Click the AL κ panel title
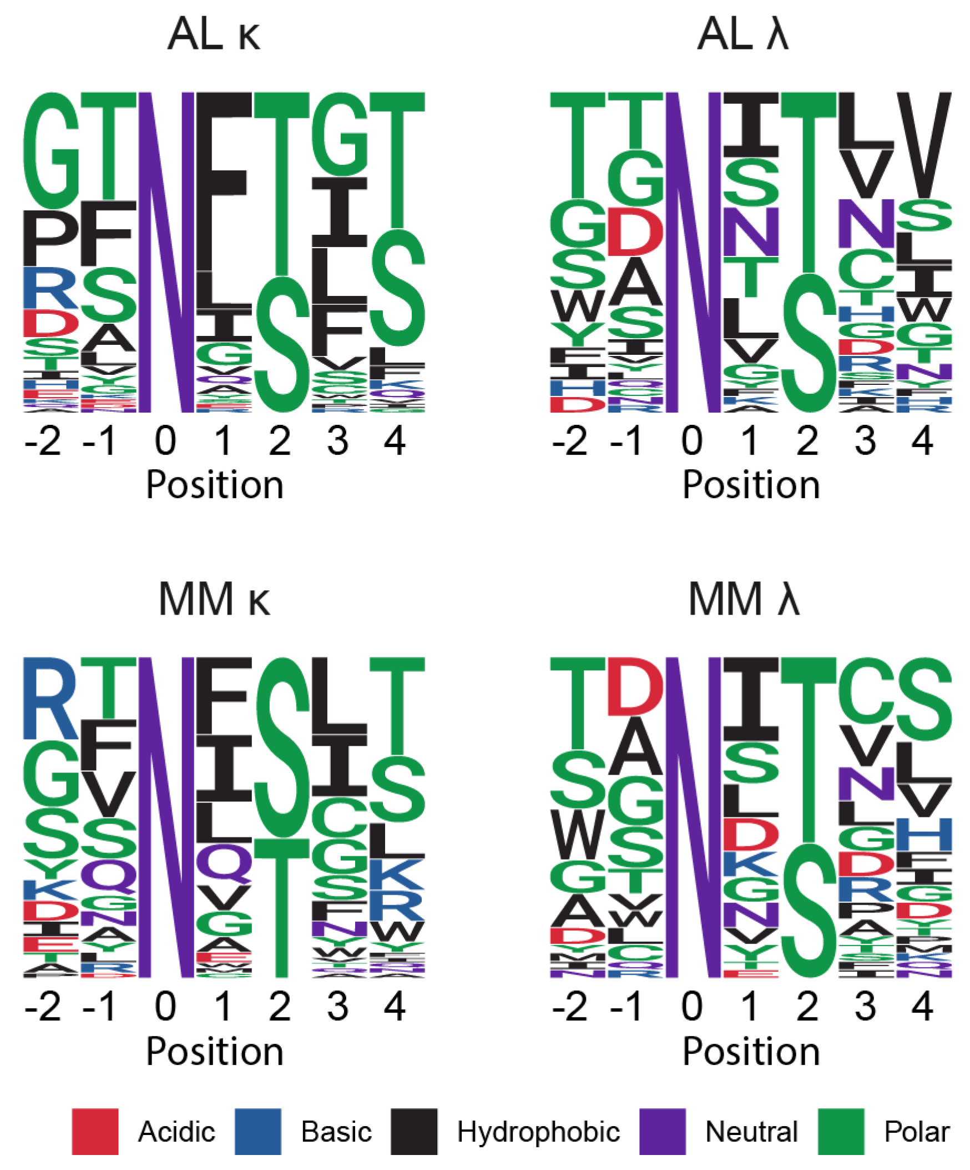[x=214, y=34]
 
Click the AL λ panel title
[x=743, y=34]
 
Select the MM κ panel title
[x=214, y=600]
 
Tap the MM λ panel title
[x=744, y=600]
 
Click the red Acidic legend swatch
[x=95, y=1132]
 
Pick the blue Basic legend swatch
[x=258, y=1132]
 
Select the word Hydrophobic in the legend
[x=538, y=1132]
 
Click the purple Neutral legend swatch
[x=662, y=1132]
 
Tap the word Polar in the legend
[x=917, y=1132]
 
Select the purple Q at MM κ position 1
[x=224, y=863]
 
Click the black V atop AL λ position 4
[x=924, y=145]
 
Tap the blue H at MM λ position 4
[x=924, y=834]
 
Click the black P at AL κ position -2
[x=50, y=238]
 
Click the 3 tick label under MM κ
[x=337, y=1006]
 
